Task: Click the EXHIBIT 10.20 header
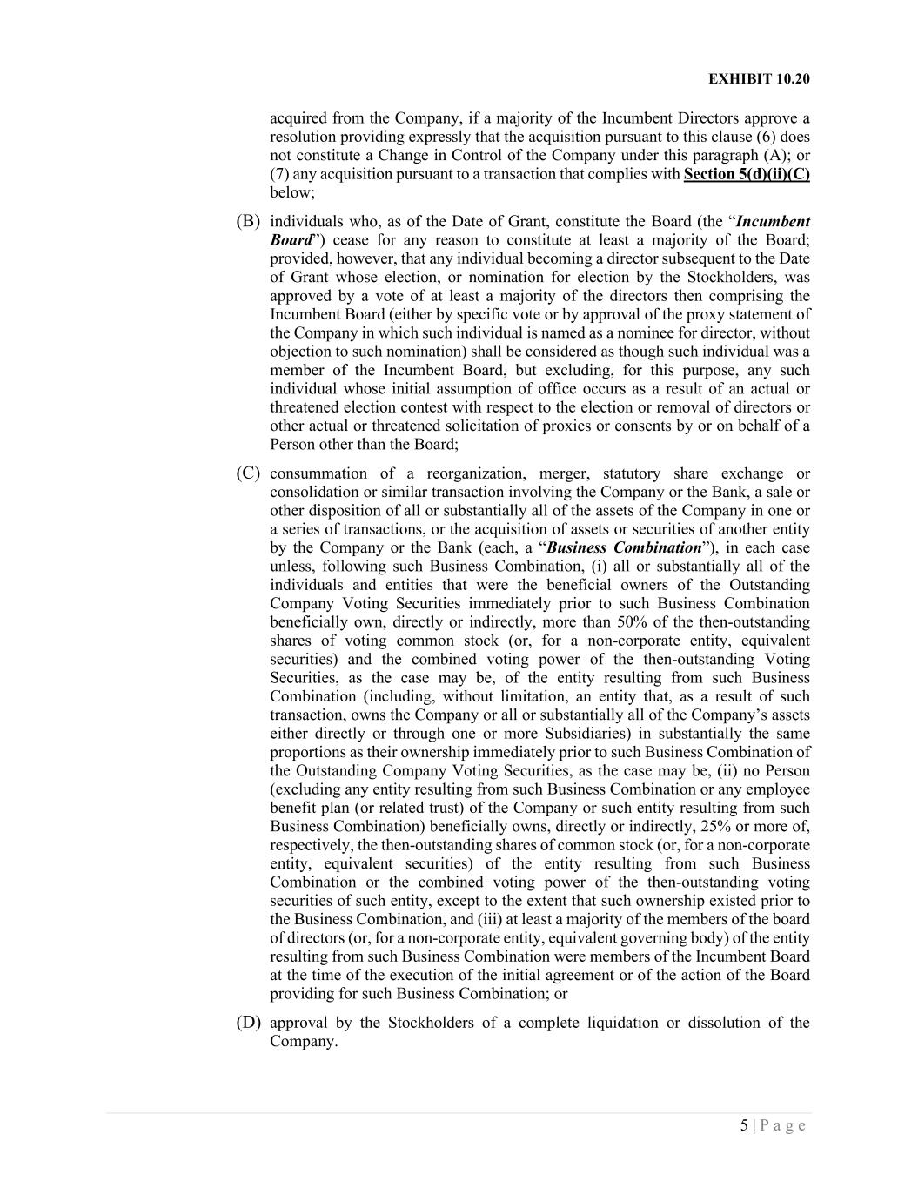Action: point(759,79)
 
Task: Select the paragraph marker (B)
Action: point(248,221)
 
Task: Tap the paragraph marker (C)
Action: point(248,473)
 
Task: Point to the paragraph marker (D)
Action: point(248,1022)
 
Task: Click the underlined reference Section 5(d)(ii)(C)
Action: point(747,174)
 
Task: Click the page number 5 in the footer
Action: point(744,1126)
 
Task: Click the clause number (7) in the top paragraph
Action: point(278,174)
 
